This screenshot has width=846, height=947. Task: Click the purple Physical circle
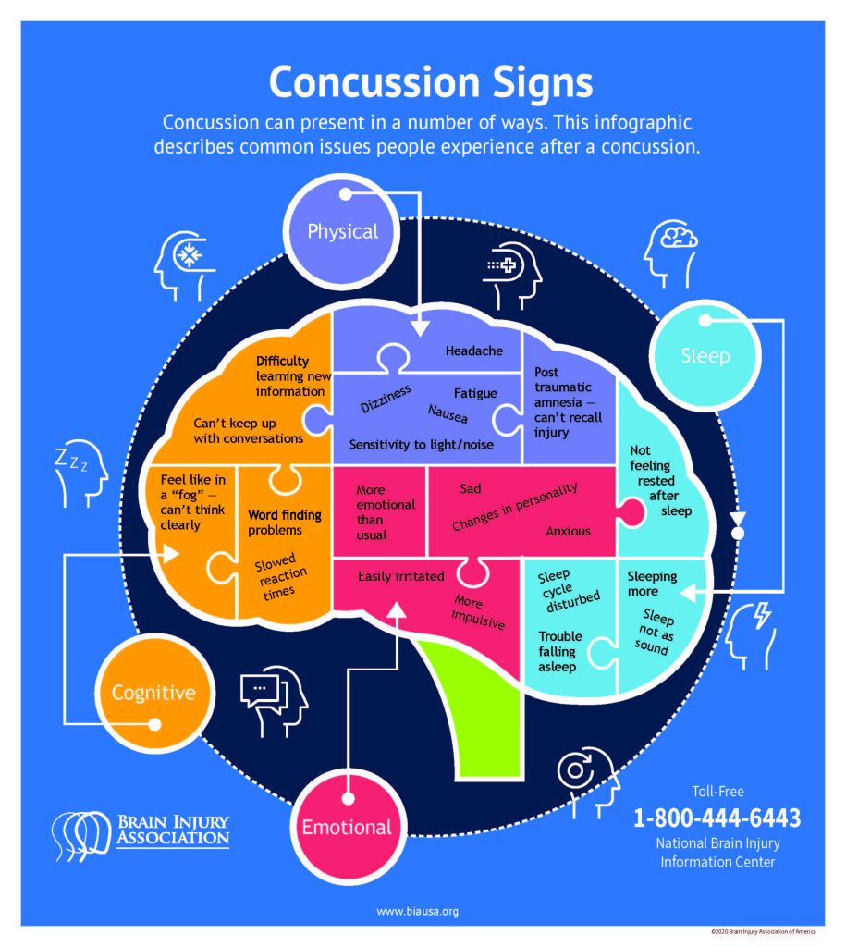[x=343, y=229]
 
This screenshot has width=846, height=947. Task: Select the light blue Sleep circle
[x=705, y=355]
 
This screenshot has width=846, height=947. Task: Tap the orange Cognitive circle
[x=153, y=692]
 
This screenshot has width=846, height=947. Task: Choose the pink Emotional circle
[x=347, y=826]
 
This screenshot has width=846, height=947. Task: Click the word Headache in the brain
[x=474, y=351]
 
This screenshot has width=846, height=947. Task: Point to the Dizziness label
[x=385, y=397]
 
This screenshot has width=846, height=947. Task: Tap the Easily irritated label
[x=400, y=577]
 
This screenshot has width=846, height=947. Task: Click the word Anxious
[x=568, y=531]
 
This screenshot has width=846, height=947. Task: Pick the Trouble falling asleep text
[x=560, y=651]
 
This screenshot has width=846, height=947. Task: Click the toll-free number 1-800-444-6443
[x=717, y=818]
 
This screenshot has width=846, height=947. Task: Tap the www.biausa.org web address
[x=417, y=911]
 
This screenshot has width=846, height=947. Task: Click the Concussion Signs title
[x=430, y=83]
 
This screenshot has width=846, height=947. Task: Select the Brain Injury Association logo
[x=141, y=831]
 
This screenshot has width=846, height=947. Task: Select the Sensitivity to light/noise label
[x=421, y=445]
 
